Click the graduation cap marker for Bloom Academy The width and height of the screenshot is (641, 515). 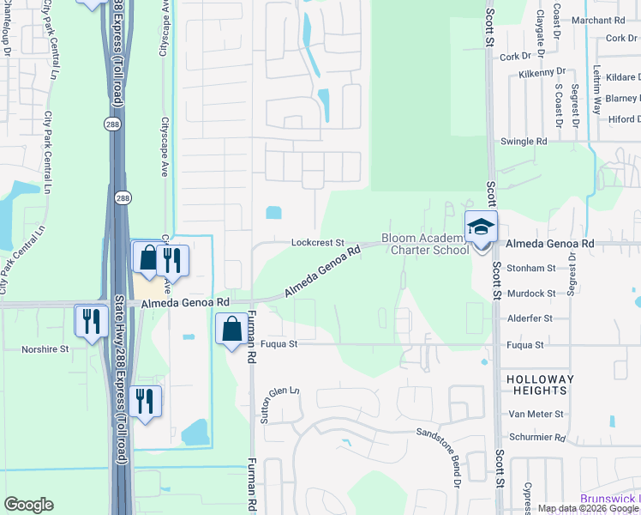coord(481,227)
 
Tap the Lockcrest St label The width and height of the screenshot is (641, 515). coord(317,244)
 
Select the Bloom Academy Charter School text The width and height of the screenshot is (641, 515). coord(426,244)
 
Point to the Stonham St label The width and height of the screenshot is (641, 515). coord(531,269)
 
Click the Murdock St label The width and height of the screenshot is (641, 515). coord(530,294)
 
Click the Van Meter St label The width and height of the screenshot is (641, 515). coord(536,414)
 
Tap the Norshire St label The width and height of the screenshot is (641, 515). coord(45,349)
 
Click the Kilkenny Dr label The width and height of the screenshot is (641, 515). coord(542,74)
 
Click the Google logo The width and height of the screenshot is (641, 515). coord(28,505)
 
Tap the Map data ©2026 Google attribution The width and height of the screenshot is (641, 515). coord(589,508)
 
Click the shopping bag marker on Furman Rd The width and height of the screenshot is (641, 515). coord(231,330)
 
